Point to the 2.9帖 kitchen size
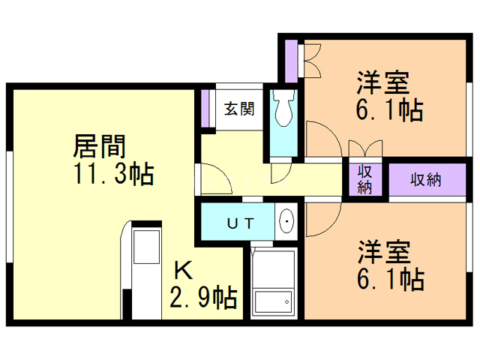tap(203, 297)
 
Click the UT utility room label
tap(242, 223)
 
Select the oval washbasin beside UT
tap(286, 221)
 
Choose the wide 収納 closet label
tap(425, 179)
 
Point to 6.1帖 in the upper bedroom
tap(390, 109)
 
